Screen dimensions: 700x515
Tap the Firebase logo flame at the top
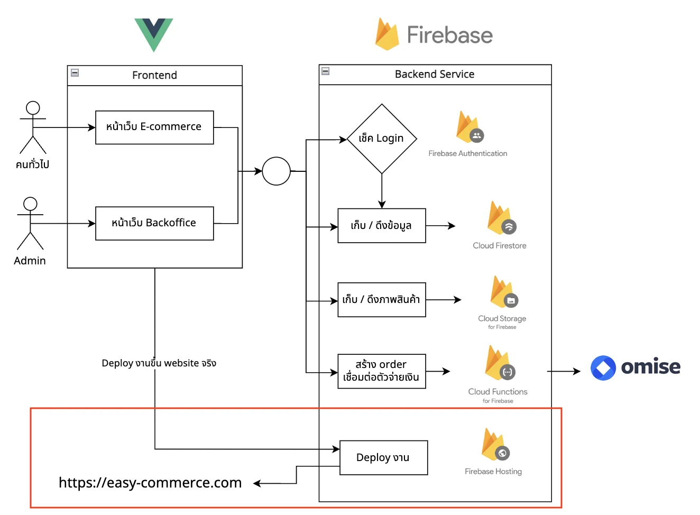(x=388, y=34)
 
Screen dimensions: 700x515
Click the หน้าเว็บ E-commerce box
(x=155, y=127)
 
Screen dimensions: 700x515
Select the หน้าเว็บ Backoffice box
(x=155, y=224)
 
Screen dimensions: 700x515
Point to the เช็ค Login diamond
(x=382, y=139)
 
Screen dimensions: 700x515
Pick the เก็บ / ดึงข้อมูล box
(x=382, y=226)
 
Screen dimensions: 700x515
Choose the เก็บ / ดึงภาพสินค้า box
(x=382, y=300)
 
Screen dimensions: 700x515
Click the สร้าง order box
(x=382, y=372)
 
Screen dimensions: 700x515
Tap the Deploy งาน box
(x=384, y=458)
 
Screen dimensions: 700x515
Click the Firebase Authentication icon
(x=470, y=127)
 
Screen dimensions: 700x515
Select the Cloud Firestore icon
(x=502, y=218)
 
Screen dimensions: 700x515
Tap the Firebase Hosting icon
(x=496, y=445)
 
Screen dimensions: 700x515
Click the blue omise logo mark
(x=604, y=369)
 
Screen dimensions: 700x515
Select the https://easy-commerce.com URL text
(x=150, y=483)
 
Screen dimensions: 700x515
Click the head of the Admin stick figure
(x=30, y=204)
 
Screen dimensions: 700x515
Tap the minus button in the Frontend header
(x=75, y=73)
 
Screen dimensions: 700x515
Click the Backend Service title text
(x=435, y=75)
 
